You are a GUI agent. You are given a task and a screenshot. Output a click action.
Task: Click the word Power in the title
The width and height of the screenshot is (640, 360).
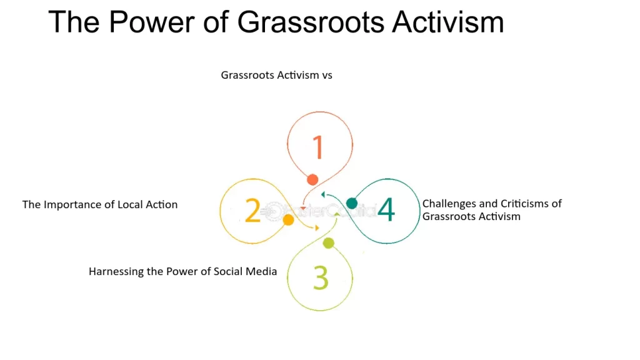point(151,22)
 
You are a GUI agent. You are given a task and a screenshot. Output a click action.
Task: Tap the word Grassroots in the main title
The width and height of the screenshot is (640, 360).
point(311,22)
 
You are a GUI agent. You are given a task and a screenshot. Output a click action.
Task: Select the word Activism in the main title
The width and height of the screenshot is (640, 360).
point(447,22)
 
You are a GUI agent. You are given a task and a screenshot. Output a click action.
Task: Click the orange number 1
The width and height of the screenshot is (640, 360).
point(318,147)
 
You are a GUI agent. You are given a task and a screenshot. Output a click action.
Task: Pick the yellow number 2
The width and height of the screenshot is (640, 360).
point(252,211)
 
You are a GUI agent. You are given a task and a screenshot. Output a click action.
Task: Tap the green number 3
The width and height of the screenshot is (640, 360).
point(321,277)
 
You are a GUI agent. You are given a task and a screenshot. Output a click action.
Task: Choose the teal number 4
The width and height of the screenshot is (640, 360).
point(386,210)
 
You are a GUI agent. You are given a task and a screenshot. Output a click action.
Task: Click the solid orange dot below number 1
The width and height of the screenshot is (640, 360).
point(312,179)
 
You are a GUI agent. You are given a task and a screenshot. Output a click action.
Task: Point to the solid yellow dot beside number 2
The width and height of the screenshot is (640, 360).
point(288,220)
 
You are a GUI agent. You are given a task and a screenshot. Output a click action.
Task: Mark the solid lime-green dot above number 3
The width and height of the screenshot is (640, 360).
point(329,243)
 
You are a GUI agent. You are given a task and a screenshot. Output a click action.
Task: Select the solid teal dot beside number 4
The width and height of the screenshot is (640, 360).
point(352,203)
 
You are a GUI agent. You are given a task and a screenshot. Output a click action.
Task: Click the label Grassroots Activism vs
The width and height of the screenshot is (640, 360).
point(277,75)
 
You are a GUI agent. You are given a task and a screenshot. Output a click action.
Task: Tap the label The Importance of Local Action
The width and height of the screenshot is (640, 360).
point(100,204)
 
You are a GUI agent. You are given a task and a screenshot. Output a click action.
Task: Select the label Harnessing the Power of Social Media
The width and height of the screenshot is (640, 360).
point(183,271)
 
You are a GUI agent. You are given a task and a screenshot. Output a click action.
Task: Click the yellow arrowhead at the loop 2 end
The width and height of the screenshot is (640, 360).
point(317,227)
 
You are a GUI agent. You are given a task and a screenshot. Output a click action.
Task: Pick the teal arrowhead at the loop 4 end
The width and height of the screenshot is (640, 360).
point(323,195)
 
